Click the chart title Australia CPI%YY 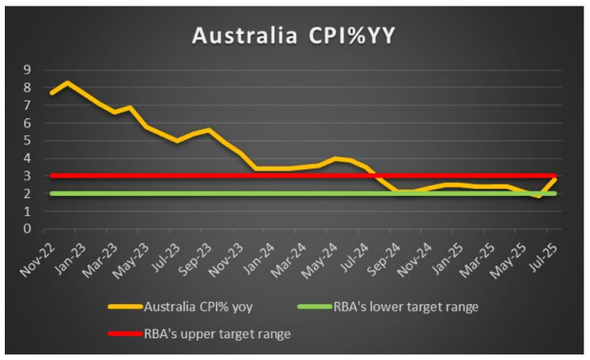295,36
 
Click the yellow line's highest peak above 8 68,82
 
